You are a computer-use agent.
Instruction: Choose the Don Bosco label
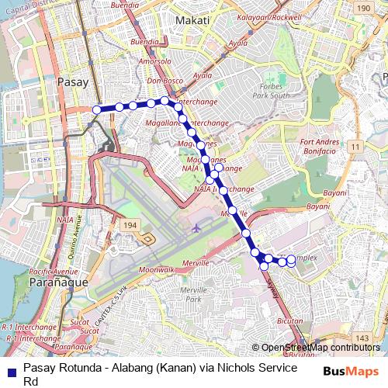163,81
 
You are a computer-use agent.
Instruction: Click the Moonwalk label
156,269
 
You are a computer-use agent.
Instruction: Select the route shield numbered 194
130,224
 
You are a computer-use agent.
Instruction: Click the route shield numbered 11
353,147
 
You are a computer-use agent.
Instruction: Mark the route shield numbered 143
362,338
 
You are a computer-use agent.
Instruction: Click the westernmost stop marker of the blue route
97,110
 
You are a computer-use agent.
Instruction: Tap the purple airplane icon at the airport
196,228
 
